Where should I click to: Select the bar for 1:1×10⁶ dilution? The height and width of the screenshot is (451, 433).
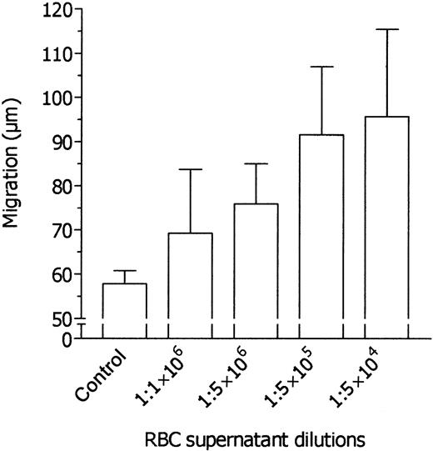(x=190, y=283)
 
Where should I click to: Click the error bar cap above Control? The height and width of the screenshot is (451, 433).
(x=124, y=271)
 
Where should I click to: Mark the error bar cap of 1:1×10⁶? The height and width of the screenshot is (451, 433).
(x=190, y=170)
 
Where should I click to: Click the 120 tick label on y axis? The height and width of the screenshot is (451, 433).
(x=60, y=10)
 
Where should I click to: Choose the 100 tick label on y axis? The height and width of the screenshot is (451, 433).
(x=60, y=98)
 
